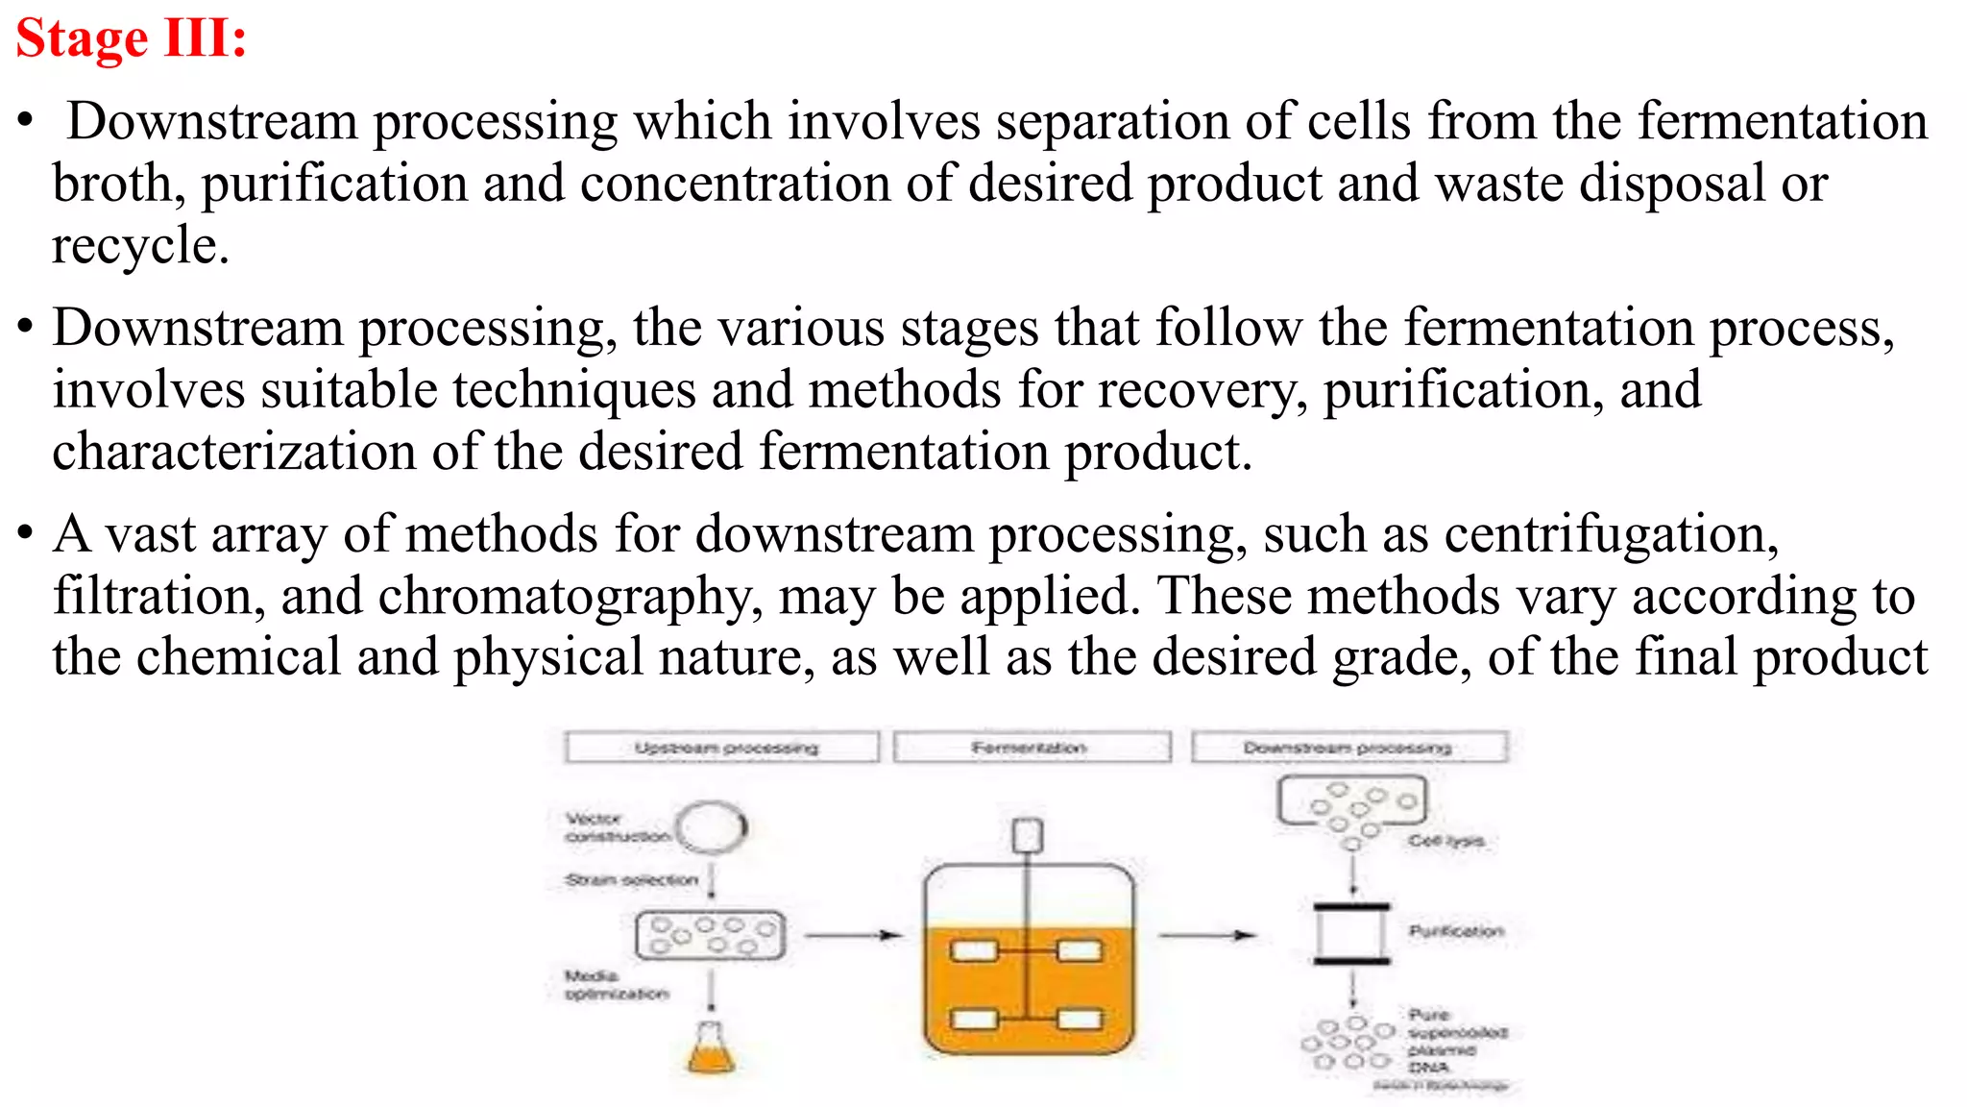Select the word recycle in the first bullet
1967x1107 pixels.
click(x=139, y=246)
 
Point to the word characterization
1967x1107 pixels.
click(x=233, y=452)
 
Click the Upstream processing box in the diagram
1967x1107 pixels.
click(x=722, y=747)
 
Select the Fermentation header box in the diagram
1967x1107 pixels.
click(x=1032, y=747)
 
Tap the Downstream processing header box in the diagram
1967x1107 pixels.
click(x=1348, y=747)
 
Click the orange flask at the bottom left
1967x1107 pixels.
click(x=711, y=1049)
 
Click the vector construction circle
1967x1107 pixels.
click(x=712, y=826)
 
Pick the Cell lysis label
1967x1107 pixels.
click(x=1445, y=841)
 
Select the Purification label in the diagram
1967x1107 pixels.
click(x=1455, y=930)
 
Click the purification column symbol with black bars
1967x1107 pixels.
click(x=1351, y=933)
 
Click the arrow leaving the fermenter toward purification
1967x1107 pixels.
click(x=1206, y=934)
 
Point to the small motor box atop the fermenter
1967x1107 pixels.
click(x=1028, y=835)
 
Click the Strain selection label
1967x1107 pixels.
click(x=631, y=879)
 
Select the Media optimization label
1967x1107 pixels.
click(x=615, y=985)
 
